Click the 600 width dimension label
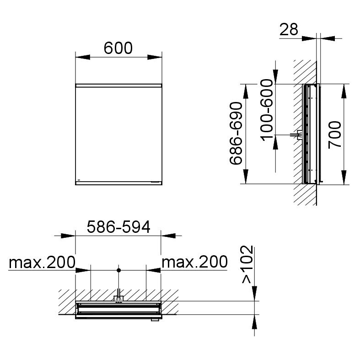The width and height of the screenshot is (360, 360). tap(118, 48)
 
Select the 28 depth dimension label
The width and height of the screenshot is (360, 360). tap(289, 30)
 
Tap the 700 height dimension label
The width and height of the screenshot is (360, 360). tap(335, 135)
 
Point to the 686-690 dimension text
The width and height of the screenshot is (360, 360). tap(236, 134)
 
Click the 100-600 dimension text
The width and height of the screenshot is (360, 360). tap(267, 110)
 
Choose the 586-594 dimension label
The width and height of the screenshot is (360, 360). tap(118, 227)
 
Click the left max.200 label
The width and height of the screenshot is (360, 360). tap(42, 262)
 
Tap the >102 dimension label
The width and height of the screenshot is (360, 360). tap(247, 264)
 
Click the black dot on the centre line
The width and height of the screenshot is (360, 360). tap(118, 270)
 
